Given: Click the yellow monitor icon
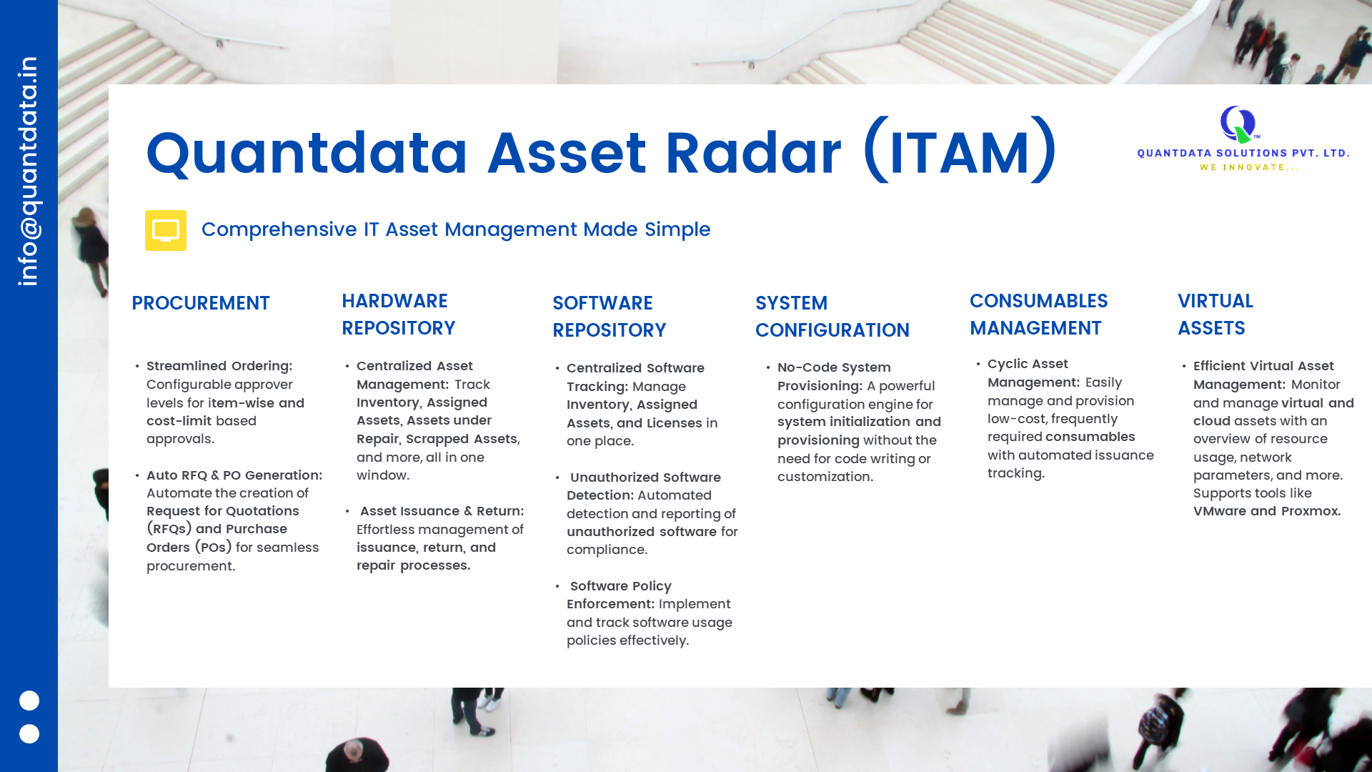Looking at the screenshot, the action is (166, 230).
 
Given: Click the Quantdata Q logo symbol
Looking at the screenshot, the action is (1238, 124).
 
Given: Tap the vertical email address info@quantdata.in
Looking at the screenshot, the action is (29, 172).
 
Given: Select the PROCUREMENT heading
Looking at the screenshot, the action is (201, 303).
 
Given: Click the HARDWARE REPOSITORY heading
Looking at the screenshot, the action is (399, 315).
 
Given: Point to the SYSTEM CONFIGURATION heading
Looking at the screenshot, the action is (832, 317).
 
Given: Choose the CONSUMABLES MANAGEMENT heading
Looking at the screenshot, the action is (1039, 315).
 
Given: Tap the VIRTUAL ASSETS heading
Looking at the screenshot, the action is (1216, 315).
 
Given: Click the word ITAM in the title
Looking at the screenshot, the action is (960, 152).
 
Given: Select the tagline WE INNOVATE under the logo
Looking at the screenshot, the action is (1250, 167).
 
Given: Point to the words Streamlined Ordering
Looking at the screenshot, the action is (219, 366).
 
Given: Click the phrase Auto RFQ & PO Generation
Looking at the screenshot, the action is (234, 475).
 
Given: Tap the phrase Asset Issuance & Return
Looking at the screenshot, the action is (442, 511).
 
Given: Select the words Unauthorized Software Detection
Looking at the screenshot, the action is (644, 486).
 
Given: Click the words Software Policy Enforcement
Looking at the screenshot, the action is (620, 595).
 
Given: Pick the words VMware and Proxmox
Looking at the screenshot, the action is (1267, 511).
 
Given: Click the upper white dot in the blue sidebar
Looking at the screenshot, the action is (29, 701).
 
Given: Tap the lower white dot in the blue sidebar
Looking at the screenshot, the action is (29, 733).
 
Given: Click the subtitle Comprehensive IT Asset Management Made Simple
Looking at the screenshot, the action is (456, 229).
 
